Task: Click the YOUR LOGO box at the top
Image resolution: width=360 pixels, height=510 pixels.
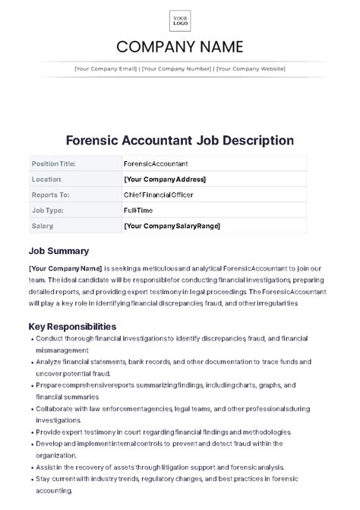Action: (x=180, y=21)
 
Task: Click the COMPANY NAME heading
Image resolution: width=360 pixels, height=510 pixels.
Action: (x=180, y=47)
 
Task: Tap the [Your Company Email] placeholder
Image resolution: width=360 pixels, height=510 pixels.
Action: (x=105, y=68)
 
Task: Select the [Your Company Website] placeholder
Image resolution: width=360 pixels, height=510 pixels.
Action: (x=251, y=68)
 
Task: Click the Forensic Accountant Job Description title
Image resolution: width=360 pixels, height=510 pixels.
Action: (x=180, y=141)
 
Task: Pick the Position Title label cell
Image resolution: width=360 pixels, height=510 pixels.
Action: (x=54, y=163)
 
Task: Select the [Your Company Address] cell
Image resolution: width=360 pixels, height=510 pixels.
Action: (x=164, y=179)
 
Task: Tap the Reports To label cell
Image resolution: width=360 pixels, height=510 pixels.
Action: (x=50, y=195)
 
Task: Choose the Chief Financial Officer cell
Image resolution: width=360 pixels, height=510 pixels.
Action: (x=158, y=195)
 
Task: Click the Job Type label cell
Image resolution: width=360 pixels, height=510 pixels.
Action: (x=47, y=210)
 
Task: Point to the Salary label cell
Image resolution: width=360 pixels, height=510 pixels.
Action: (x=43, y=226)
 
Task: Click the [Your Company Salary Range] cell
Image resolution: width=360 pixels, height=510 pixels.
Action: (x=172, y=226)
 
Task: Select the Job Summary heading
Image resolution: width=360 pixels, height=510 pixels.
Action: (x=58, y=251)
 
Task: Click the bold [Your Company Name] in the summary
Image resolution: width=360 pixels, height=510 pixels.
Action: (x=65, y=268)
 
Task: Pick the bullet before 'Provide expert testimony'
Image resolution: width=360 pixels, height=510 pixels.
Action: (x=31, y=430)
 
